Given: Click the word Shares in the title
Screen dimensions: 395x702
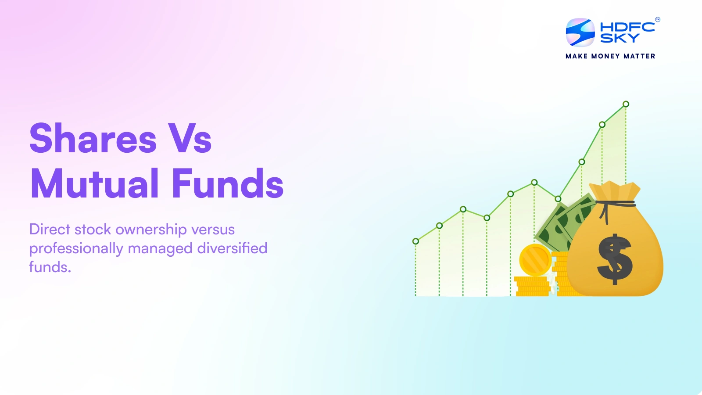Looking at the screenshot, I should [x=93, y=138].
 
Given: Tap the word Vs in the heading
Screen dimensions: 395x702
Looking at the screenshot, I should [x=190, y=138].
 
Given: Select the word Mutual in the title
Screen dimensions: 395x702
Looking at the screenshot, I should [x=94, y=183].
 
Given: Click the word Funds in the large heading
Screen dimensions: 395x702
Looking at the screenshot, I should [x=227, y=183].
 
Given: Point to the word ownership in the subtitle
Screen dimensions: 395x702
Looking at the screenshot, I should [x=151, y=230].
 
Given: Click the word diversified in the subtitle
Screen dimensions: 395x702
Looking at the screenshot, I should [x=232, y=248].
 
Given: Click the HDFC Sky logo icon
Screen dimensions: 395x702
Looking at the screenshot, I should [x=580, y=32].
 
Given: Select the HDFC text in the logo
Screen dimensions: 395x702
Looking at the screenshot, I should [x=627, y=27].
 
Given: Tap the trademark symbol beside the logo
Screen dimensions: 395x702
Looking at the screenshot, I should [x=657, y=19].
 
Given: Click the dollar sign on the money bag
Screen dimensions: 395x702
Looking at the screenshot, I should [x=615, y=259].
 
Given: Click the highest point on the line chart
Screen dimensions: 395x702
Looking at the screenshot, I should [x=626, y=104].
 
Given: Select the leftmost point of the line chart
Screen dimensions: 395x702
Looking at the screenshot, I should [x=415, y=241].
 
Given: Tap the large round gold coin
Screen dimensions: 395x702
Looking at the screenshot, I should [x=535, y=260].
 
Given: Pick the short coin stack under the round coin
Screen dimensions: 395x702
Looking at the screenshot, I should [x=532, y=286].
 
